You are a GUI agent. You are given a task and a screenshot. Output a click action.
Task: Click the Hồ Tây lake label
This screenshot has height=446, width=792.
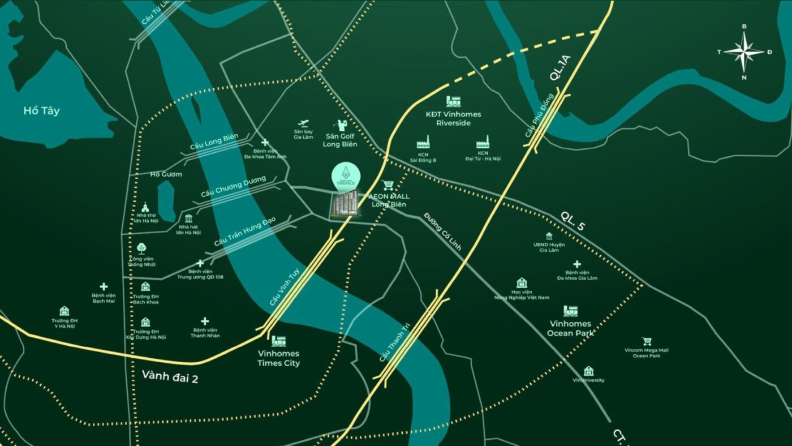pyautogui.click(x=41, y=111)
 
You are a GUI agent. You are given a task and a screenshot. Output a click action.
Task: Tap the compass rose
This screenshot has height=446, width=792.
pyautogui.click(x=744, y=52)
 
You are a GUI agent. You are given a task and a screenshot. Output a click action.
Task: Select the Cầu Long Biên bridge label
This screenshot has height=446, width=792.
pyautogui.click(x=214, y=141)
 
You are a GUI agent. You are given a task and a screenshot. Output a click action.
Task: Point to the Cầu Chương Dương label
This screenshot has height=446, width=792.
pyautogui.click(x=233, y=187)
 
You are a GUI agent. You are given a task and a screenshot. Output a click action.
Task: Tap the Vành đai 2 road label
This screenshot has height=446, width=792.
pyautogui.click(x=170, y=376)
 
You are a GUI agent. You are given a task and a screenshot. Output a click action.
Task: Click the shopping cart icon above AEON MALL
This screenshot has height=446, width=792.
pyautogui.click(x=388, y=185)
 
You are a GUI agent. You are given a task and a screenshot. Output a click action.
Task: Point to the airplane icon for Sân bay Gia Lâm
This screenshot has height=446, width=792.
pyautogui.click(x=303, y=123)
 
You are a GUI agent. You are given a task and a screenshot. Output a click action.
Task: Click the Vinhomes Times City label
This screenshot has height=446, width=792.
pyautogui.click(x=278, y=359)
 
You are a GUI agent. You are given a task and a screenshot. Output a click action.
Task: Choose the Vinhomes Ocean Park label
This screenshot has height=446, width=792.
pyautogui.click(x=570, y=328)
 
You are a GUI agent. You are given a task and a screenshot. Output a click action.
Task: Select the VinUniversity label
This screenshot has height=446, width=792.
pyautogui.click(x=588, y=380)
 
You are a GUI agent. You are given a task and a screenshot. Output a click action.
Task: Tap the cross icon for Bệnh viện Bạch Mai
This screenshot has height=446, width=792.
pyautogui.click(x=104, y=287)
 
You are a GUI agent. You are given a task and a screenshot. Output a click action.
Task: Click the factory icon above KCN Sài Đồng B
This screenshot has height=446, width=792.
pyautogui.click(x=423, y=142)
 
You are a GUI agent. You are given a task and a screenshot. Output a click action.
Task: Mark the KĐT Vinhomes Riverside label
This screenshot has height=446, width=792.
pyautogui.click(x=453, y=118)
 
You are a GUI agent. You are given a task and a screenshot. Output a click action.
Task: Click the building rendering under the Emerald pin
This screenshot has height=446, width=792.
pyautogui.click(x=345, y=203)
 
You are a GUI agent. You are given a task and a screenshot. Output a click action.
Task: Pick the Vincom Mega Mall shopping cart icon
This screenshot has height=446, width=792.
pyautogui.click(x=647, y=342)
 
